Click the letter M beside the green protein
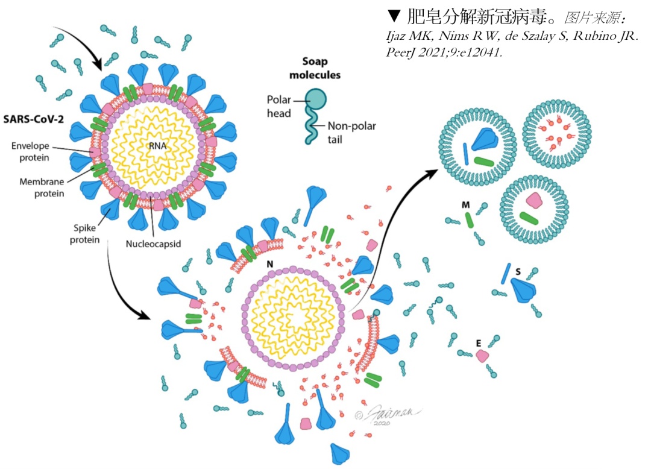point(465,206)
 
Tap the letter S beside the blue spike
point(518,271)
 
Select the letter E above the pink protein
point(479,342)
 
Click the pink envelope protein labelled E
point(482,356)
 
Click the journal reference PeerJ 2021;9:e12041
point(444,52)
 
